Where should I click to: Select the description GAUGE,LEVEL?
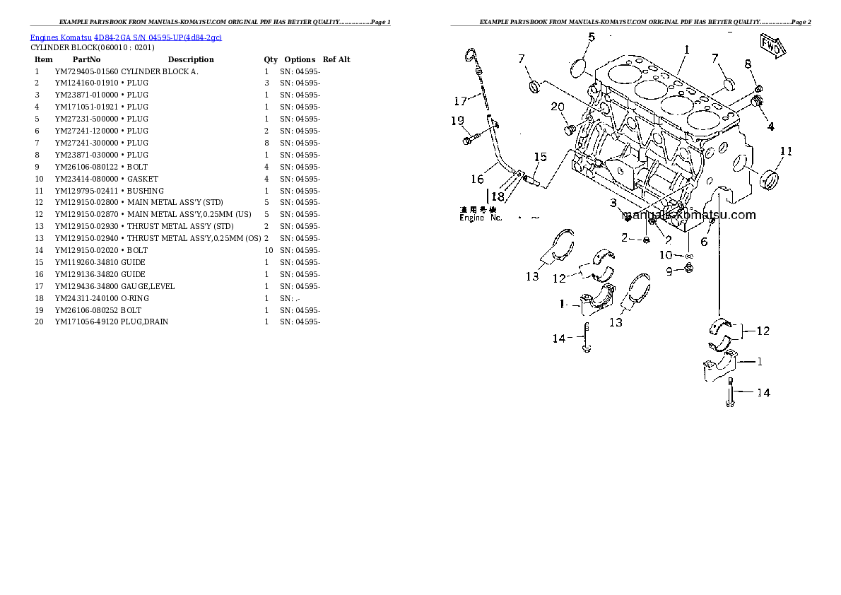coord(148,286)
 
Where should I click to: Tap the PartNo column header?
coord(87,59)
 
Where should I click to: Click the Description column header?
coord(190,59)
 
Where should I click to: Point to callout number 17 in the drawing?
coord(460,102)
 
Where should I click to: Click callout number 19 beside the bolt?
coord(457,121)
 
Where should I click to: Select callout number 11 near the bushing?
coord(786,151)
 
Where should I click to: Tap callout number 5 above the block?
coord(591,37)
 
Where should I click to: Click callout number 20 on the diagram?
coord(558,107)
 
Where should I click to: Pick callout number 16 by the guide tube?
coord(478,179)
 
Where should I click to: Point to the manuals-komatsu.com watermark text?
coord(690,216)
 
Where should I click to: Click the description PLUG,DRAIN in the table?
coord(145,322)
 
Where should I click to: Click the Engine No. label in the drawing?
coord(481,218)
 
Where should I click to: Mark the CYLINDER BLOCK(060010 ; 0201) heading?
coord(92,47)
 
